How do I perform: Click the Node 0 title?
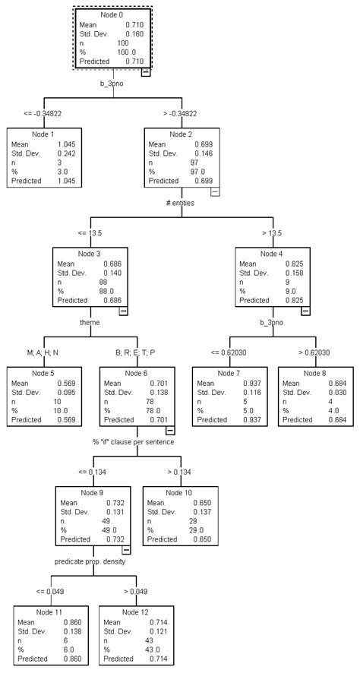click(x=114, y=15)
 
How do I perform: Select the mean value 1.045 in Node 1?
click(x=66, y=143)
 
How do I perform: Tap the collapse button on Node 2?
click(x=214, y=193)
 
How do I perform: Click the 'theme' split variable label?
click(x=90, y=322)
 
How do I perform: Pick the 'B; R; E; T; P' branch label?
click(x=135, y=353)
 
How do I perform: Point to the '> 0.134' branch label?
click(x=180, y=472)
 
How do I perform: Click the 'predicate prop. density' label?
click(x=90, y=561)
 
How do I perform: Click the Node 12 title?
click(x=136, y=612)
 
